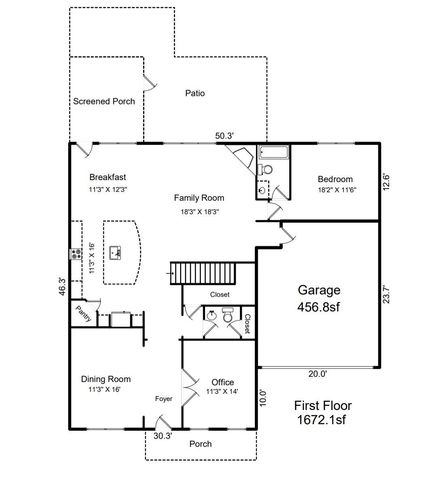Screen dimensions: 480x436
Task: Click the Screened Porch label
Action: click(103, 102)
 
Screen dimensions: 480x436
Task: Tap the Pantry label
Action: click(83, 314)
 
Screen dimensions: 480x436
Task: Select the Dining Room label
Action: click(106, 383)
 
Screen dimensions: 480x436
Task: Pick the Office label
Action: click(223, 387)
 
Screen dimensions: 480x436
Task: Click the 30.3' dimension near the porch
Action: click(163, 435)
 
